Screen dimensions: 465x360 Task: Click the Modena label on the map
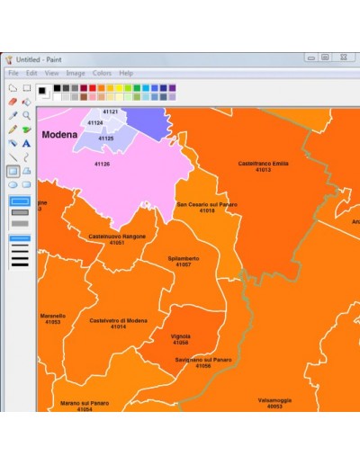click(x=59, y=134)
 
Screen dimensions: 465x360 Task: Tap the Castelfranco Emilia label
click(x=263, y=164)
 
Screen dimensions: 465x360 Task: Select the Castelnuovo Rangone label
click(x=117, y=237)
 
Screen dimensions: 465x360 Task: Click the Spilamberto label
click(x=184, y=258)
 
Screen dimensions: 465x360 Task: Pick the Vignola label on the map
click(x=180, y=336)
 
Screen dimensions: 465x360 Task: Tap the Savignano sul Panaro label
click(x=203, y=360)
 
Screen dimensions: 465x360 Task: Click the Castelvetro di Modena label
click(x=119, y=320)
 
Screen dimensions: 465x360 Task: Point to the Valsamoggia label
click(x=274, y=399)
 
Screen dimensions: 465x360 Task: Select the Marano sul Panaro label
click(x=85, y=403)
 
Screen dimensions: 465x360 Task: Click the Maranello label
click(x=53, y=316)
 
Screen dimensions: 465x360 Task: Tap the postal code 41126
click(x=102, y=164)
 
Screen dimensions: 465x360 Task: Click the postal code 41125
click(x=105, y=139)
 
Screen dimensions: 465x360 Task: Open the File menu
click(x=13, y=73)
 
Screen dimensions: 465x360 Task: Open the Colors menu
click(x=102, y=73)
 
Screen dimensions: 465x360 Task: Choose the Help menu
click(x=126, y=73)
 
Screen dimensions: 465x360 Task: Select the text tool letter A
click(x=27, y=142)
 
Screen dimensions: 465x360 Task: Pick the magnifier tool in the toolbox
click(x=27, y=115)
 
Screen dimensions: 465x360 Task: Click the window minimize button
click(x=310, y=58)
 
